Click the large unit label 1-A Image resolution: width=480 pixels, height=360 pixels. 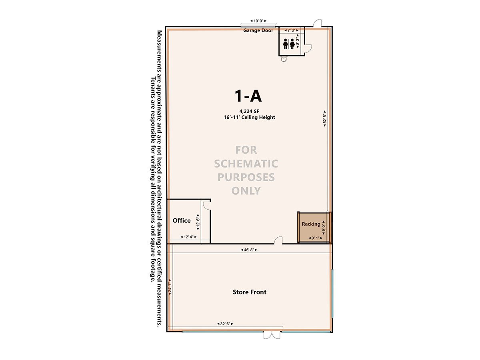point(248,96)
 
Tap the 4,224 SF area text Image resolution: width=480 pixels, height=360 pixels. point(249,111)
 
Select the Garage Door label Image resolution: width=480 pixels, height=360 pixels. point(258,30)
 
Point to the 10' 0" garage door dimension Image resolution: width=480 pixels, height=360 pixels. point(258,21)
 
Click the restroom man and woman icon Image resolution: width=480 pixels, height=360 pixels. point(289,44)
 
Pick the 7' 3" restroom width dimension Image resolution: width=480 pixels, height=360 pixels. point(292,30)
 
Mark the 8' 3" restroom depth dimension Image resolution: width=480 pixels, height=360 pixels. point(298,41)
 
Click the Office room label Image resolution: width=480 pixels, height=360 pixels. point(182,220)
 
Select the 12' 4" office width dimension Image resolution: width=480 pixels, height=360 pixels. point(188,237)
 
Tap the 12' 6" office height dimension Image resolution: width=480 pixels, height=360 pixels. point(198,222)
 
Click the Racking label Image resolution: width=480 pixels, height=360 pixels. point(311,224)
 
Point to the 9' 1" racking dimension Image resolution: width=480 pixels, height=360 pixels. point(315,238)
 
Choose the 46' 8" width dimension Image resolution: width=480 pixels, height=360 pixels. point(249,250)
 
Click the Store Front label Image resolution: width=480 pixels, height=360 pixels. point(250,292)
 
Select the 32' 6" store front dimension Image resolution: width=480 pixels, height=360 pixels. point(225,324)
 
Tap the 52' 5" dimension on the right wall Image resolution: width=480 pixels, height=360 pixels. point(325,119)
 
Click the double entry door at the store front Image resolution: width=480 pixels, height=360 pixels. point(272,335)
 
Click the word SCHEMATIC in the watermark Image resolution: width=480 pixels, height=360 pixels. point(246,164)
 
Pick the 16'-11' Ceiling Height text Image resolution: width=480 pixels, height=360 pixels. point(249,117)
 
